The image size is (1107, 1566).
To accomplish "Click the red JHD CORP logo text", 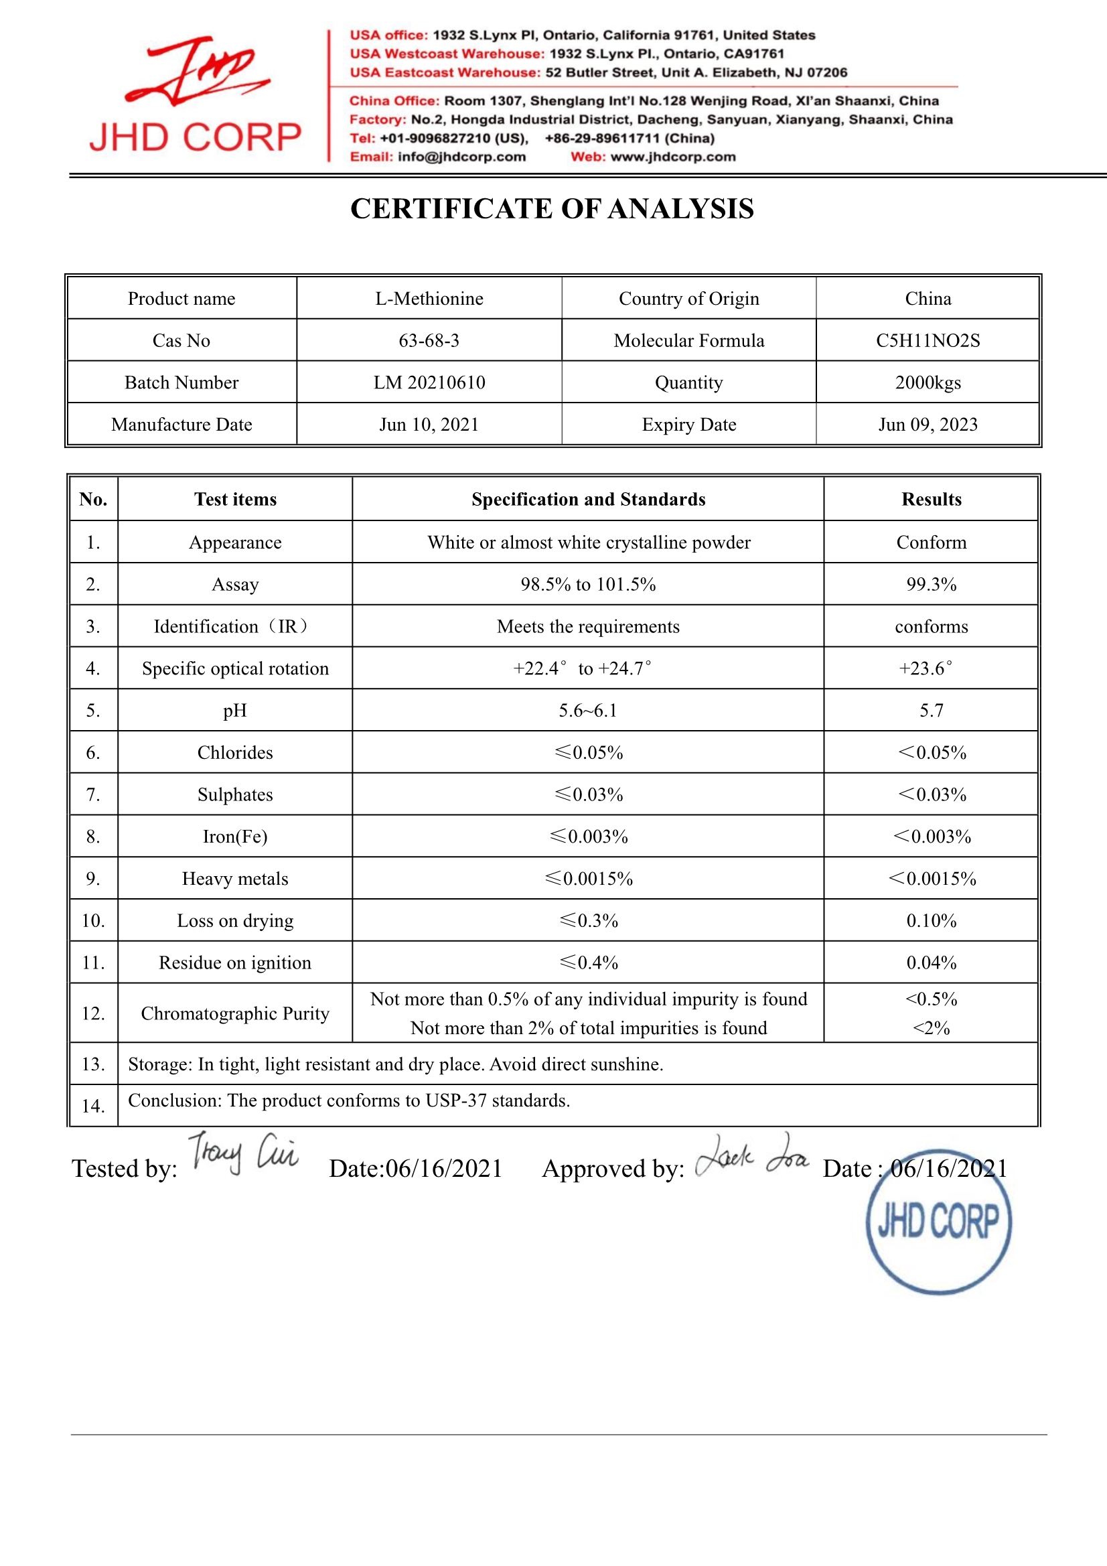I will [195, 137].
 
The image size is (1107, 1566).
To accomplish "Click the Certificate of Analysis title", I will [552, 209].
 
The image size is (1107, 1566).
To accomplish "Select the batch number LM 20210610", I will [429, 382].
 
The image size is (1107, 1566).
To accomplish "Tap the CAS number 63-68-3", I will [429, 340].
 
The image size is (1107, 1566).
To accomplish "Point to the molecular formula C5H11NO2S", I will [928, 340].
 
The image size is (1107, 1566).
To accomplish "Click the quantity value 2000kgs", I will [928, 382].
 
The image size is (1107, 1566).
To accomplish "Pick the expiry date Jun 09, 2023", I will [928, 425].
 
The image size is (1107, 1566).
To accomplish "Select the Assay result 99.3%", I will [931, 585].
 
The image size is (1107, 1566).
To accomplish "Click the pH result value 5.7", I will [931, 711].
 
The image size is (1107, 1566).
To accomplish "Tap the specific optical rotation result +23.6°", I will [926, 668].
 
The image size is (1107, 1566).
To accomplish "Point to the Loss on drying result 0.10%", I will [931, 921].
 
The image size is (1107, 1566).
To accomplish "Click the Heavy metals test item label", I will [234, 879].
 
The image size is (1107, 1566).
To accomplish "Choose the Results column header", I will [931, 499].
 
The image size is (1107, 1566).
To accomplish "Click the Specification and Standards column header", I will [588, 499].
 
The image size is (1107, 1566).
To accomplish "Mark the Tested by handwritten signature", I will [243, 1154].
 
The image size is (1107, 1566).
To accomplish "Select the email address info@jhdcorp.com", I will [462, 157].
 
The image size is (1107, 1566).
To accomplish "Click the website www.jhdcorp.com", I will [673, 157].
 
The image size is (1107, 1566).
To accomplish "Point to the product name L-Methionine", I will [429, 299].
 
